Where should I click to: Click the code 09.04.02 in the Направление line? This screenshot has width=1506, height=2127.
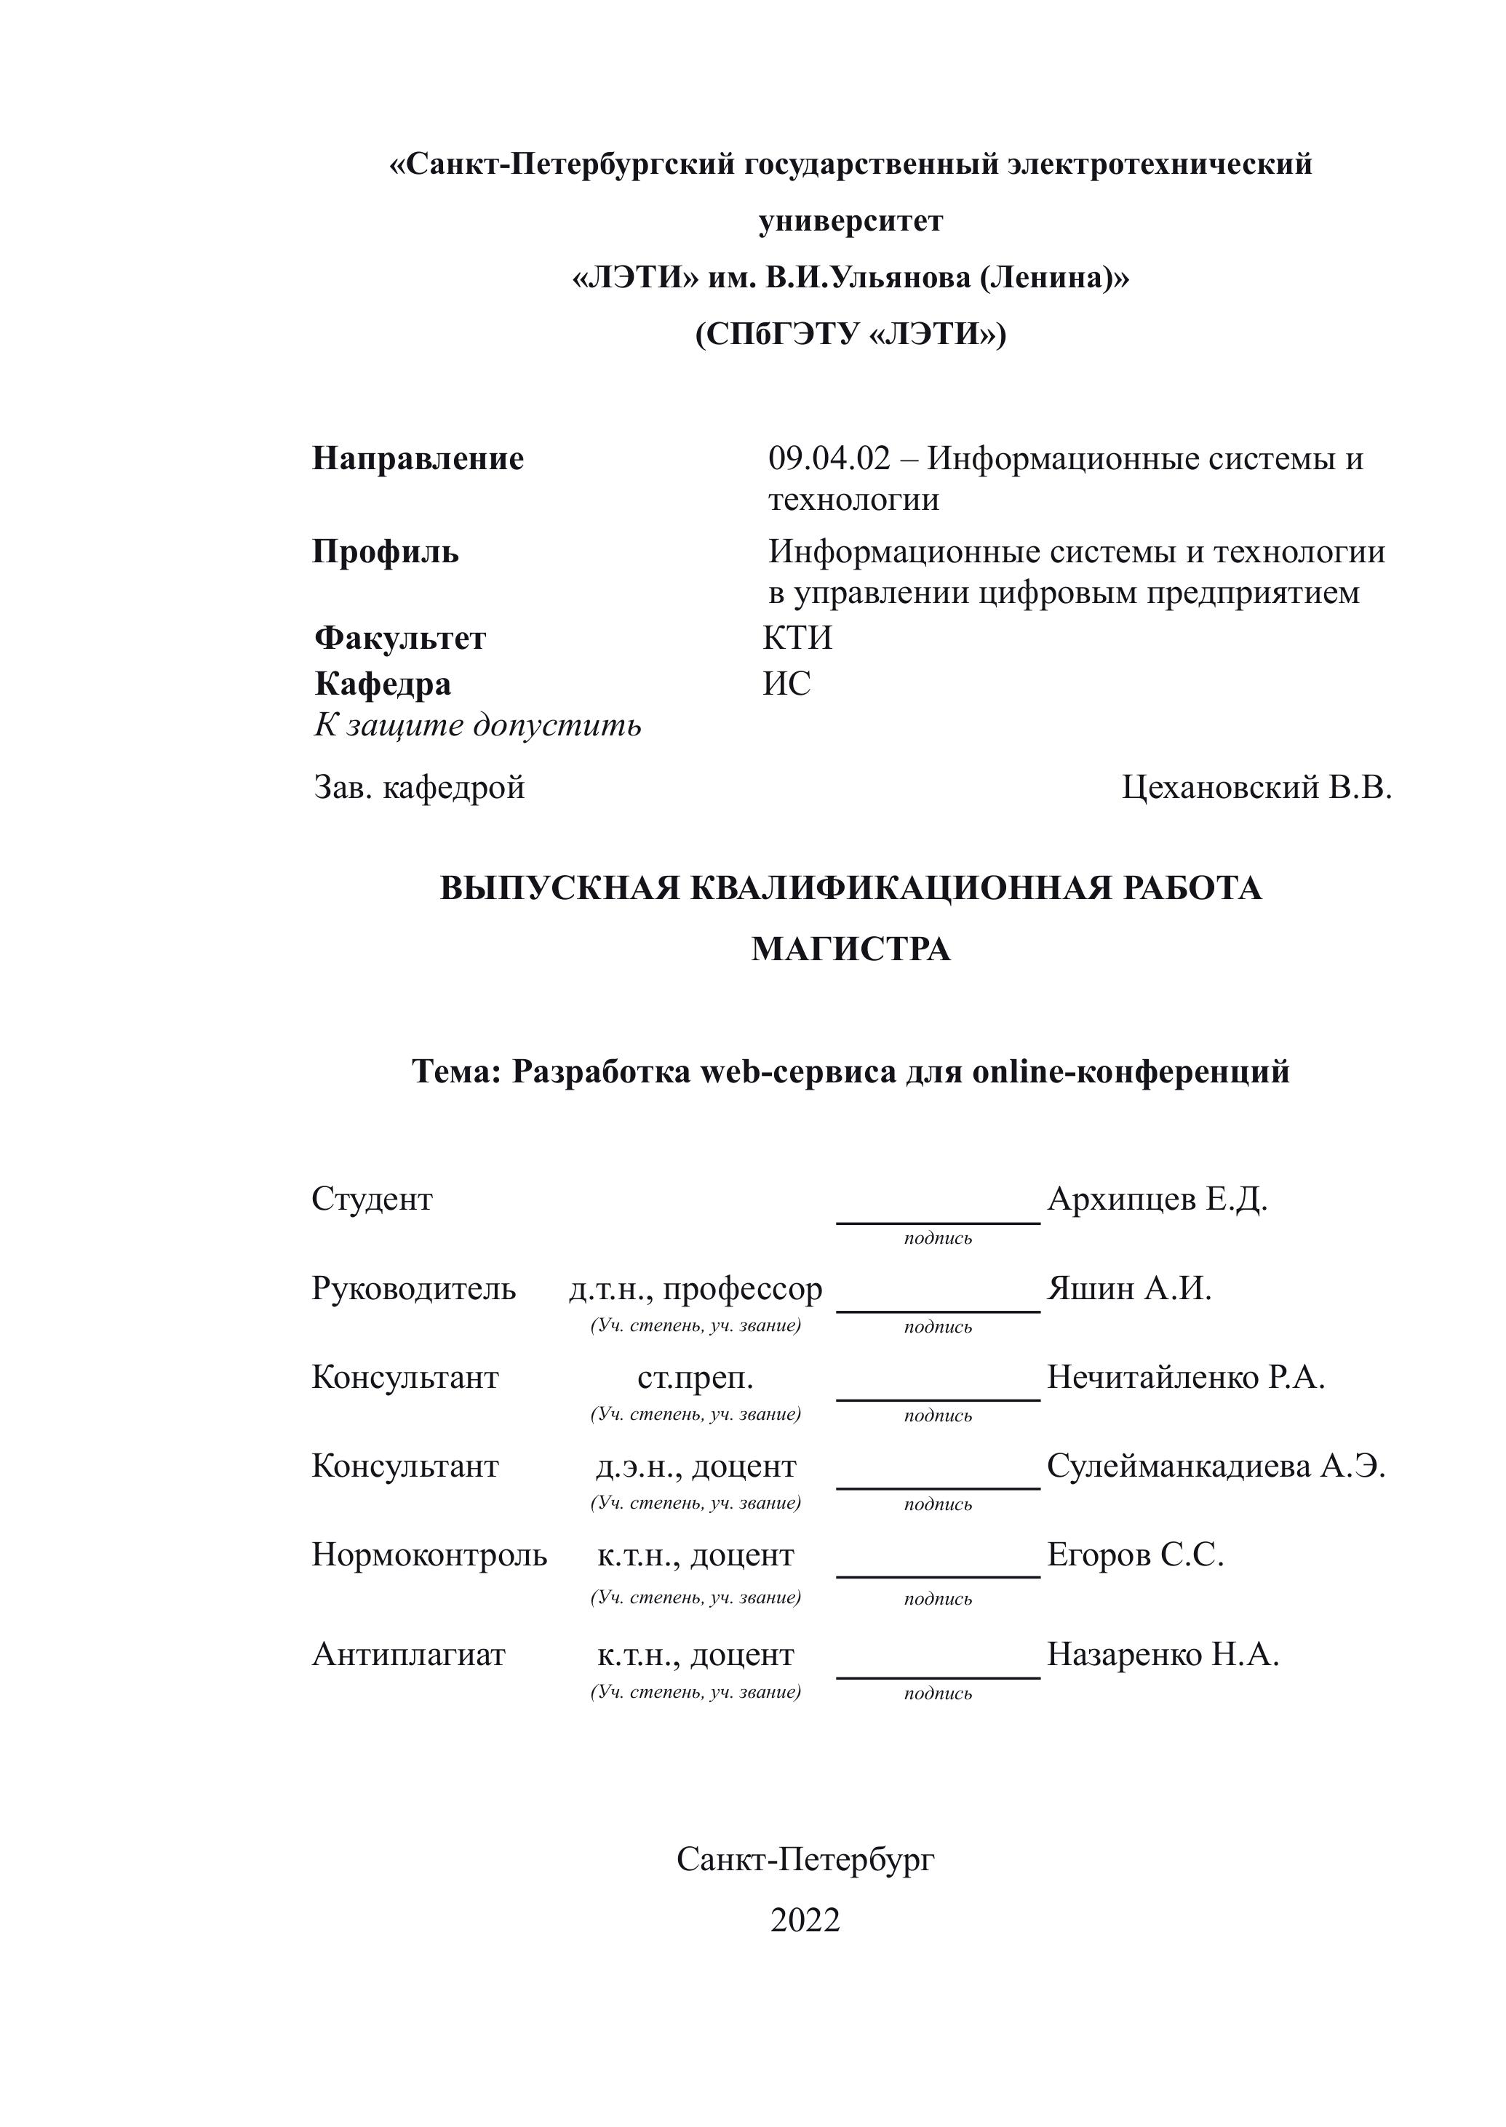pyautogui.click(x=828, y=459)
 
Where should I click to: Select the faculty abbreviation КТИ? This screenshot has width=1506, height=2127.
pyautogui.click(x=797, y=638)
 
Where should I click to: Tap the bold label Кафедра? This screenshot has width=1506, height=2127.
pyautogui.click(x=383, y=685)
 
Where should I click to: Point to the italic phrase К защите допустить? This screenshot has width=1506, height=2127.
pyautogui.click(x=477, y=725)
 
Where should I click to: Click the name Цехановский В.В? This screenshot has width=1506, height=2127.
pyautogui.click(x=1256, y=787)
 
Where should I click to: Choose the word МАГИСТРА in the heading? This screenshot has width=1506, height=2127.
pyautogui.click(x=850, y=949)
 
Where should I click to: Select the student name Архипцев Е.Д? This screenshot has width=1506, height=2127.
pyautogui.click(x=1156, y=1199)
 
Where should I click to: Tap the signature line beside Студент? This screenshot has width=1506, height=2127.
pyautogui.click(x=938, y=1222)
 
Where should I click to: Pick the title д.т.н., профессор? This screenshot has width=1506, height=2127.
pyautogui.click(x=696, y=1289)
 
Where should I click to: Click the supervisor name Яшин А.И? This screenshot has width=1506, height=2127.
pyautogui.click(x=1128, y=1289)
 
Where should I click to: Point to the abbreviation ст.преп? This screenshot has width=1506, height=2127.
pyautogui.click(x=696, y=1378)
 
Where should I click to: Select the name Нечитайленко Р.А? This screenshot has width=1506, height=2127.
pyautogui.click(x=1185, y=1378)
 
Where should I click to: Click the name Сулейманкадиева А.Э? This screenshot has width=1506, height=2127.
pyautogui.click(x=1216, y=1466)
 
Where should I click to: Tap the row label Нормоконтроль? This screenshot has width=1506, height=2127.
pyautogui.click(x=429, y=1555)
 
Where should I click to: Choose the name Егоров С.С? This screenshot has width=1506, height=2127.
pyautogui.click(x=1135, y=1555)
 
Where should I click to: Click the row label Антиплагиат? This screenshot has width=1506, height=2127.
pyautogui.click(x=408, y=1655)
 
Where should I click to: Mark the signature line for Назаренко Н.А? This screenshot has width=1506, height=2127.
pyautogui.click(x=938, y=1677)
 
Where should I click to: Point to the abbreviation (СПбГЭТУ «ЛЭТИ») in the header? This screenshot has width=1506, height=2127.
pyautogui.click(x=850, y=334)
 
